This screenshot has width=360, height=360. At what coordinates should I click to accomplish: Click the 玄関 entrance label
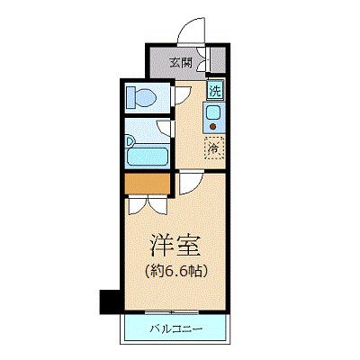click(180, 63)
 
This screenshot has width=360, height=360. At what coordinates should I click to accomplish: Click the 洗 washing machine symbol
click(214, 90)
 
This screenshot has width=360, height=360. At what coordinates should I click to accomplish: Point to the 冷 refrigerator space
click(214, 147)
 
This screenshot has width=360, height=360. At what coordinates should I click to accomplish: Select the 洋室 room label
click(174, 246)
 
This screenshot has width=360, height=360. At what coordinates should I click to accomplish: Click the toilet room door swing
click(181, 94)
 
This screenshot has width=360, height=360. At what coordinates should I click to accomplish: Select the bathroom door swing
click(181, 132)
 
